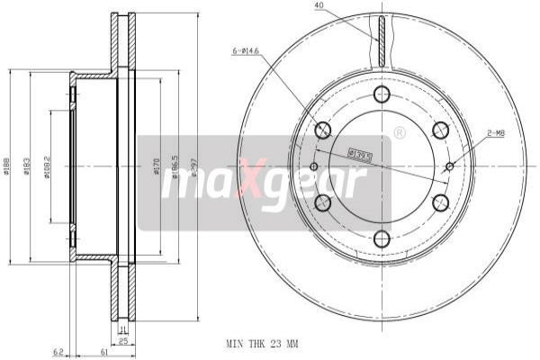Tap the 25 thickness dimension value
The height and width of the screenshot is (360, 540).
(x=124, y=342)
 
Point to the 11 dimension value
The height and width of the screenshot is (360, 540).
(x=124, y=330)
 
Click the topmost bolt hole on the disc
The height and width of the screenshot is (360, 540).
(x=382, y=94)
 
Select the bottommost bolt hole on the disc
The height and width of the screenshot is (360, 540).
(x=382, y=238)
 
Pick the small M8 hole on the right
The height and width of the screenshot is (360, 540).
(x=450, y=166)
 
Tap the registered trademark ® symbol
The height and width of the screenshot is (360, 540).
(x=399, y=134)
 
